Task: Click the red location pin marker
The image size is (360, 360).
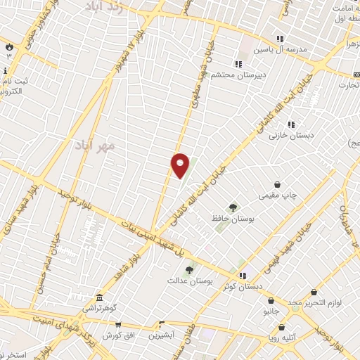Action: (180, 165)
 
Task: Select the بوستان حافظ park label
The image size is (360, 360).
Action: (233, 219)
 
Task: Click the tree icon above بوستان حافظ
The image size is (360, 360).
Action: (233, 207)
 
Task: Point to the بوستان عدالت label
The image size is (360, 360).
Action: (186, 281)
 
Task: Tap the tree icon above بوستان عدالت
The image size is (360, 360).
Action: (188, 269)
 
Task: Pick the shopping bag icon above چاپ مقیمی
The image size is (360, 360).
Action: (278, 184)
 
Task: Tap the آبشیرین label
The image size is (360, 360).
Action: (162, 335)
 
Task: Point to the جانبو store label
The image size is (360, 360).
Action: (271, 310)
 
